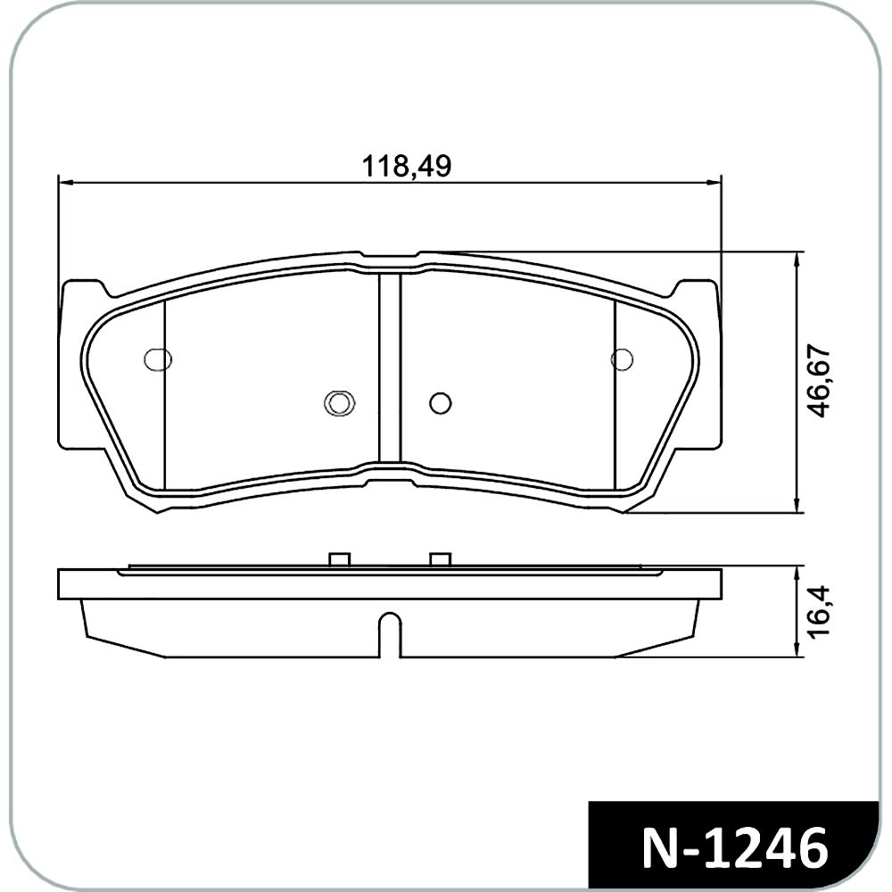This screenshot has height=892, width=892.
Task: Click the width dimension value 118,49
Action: (x=407, y=166)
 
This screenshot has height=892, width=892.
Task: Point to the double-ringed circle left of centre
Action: (x=340, y=403)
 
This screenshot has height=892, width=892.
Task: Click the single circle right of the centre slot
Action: (x=441, y=403)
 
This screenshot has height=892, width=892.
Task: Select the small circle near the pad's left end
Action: (x=158, y=359)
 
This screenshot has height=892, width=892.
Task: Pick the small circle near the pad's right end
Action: (x=622, y=359)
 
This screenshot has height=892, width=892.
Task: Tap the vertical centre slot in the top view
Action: (x=391, y=368)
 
